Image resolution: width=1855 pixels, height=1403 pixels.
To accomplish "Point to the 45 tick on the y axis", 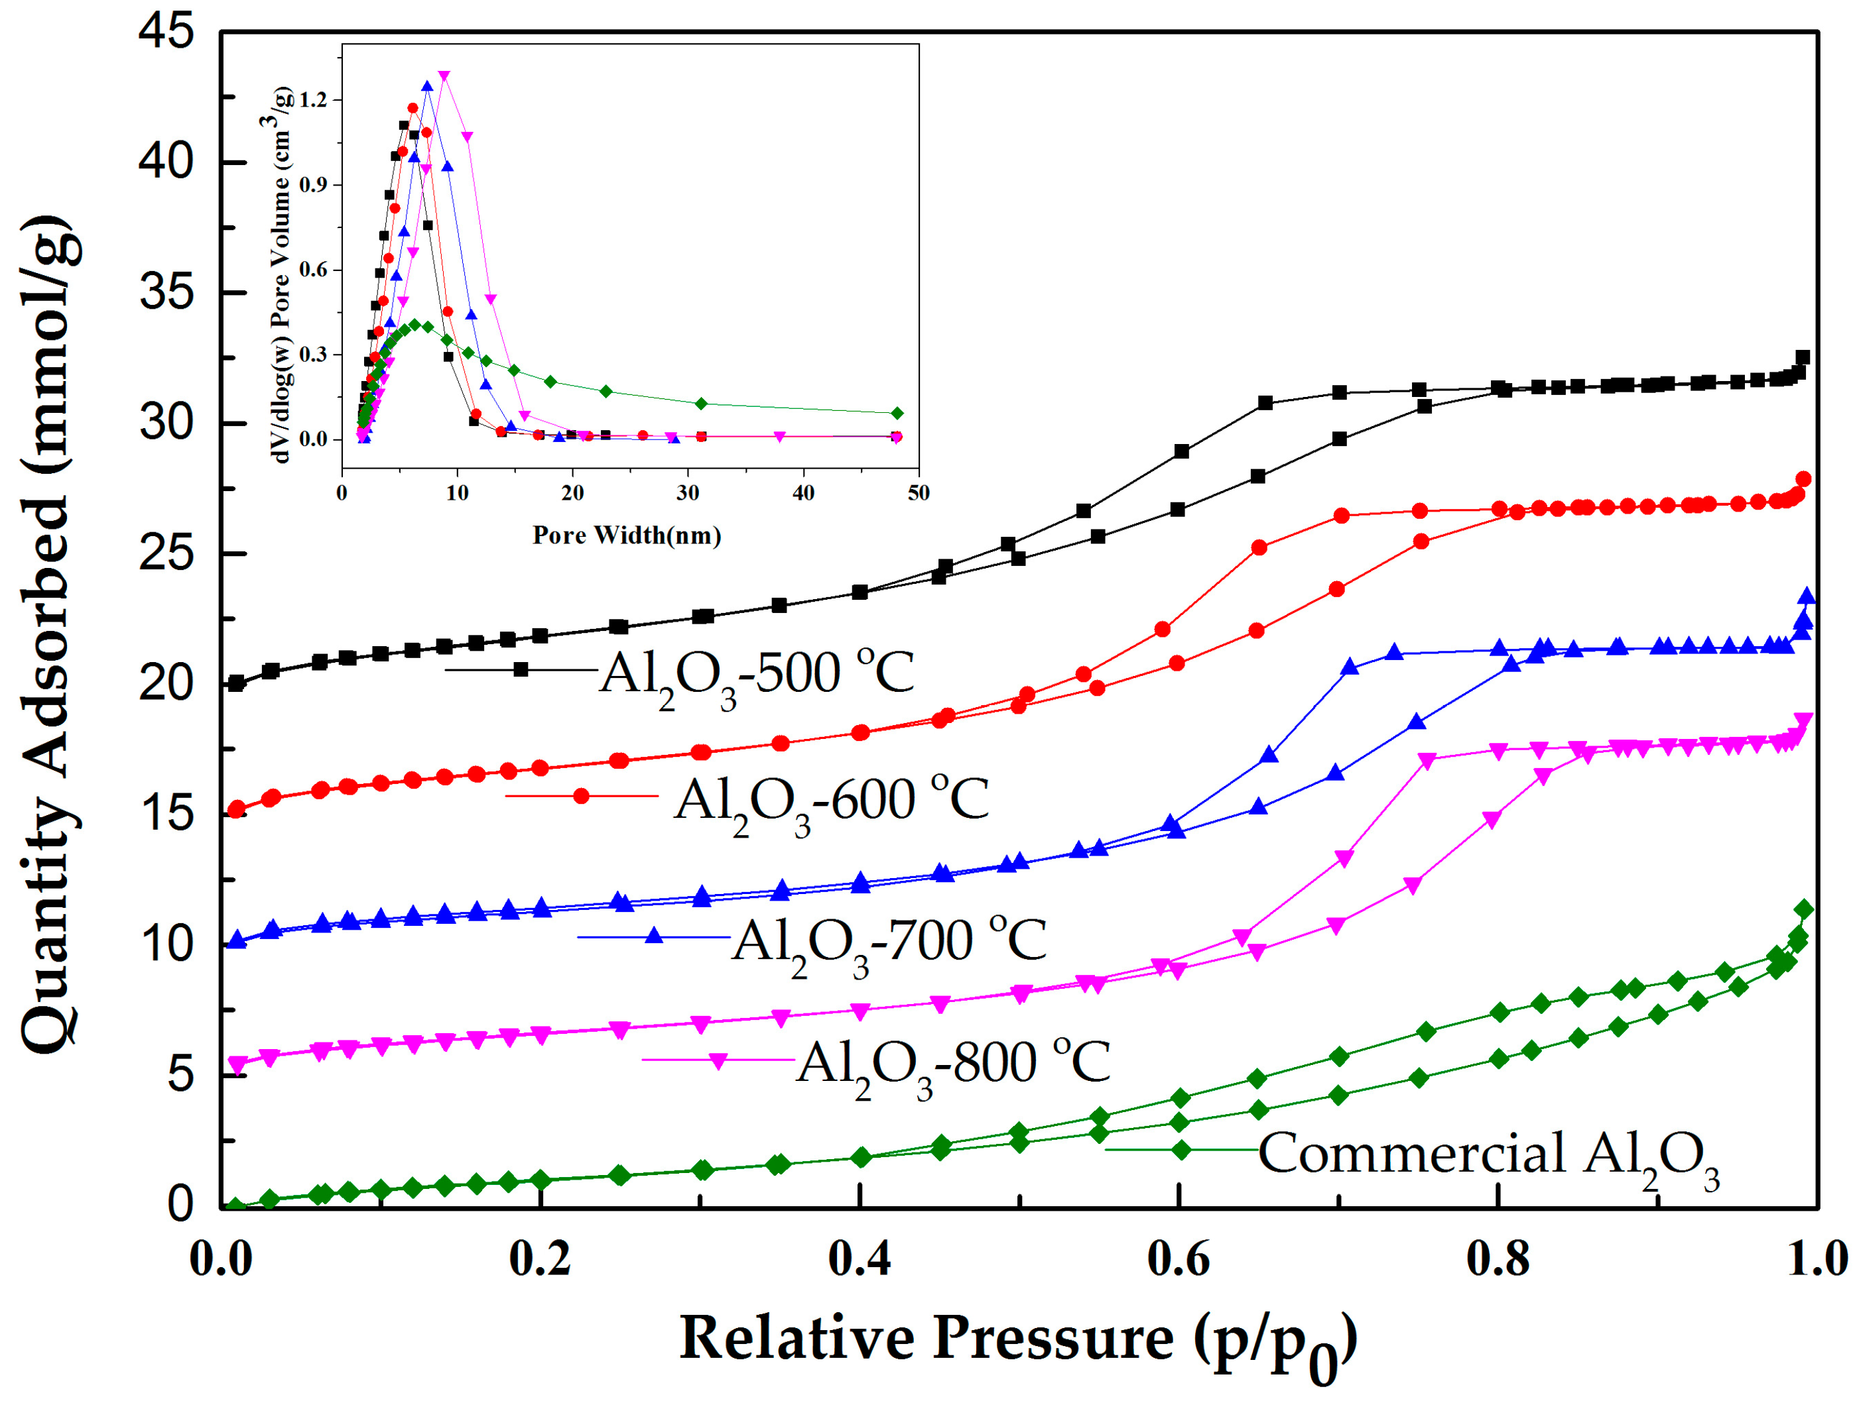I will tap(165, 34).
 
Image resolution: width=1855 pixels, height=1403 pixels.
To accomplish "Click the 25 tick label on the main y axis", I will tap(165, 554).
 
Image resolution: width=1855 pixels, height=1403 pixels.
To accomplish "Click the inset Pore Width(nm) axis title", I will tap(627, 535).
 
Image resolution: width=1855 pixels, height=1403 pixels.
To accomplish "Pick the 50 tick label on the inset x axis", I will tap(919, 494).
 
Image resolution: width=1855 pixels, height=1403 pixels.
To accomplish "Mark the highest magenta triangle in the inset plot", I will tap(444, 76).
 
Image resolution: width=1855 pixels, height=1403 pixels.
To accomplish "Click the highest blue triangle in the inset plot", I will tap(428, 86).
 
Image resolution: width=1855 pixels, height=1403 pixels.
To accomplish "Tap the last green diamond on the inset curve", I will tap(897, 413).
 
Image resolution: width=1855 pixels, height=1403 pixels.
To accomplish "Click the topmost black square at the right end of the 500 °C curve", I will tap(1803, 358).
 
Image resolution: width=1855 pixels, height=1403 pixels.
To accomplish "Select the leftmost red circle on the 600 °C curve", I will tap(237, 809).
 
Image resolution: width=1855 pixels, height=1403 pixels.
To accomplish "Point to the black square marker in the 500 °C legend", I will tap(521, 669).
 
